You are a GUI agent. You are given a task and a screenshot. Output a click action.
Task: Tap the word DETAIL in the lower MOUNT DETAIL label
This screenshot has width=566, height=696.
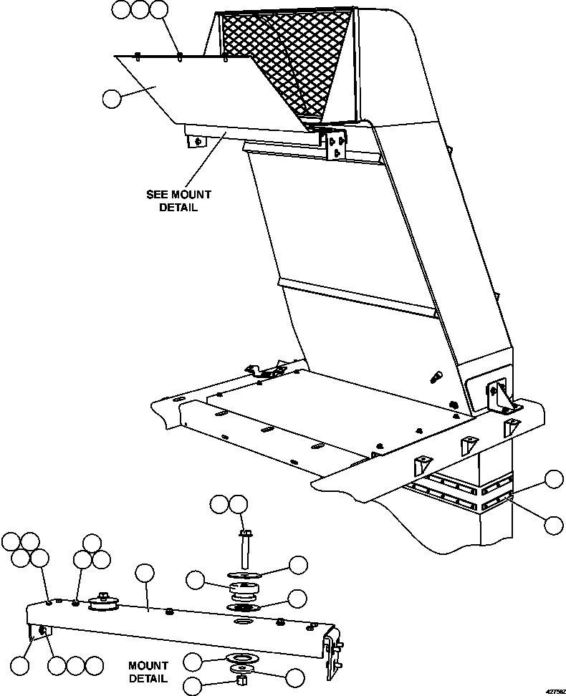click(x=149, y=678)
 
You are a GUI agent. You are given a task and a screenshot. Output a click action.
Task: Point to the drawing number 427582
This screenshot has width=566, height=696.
click(x=554, y=691)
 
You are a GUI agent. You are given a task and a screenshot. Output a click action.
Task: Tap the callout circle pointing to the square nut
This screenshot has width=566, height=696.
click(x=193, y=685)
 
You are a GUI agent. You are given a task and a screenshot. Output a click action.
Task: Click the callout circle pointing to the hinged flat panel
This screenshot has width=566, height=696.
click(x=112, y=98)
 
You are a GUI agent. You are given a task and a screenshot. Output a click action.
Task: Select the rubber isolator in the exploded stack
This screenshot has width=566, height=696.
click(x=244, y=592)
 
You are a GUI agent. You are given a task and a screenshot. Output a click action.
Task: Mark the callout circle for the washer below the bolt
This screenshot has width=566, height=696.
click(x=297, y=564)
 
